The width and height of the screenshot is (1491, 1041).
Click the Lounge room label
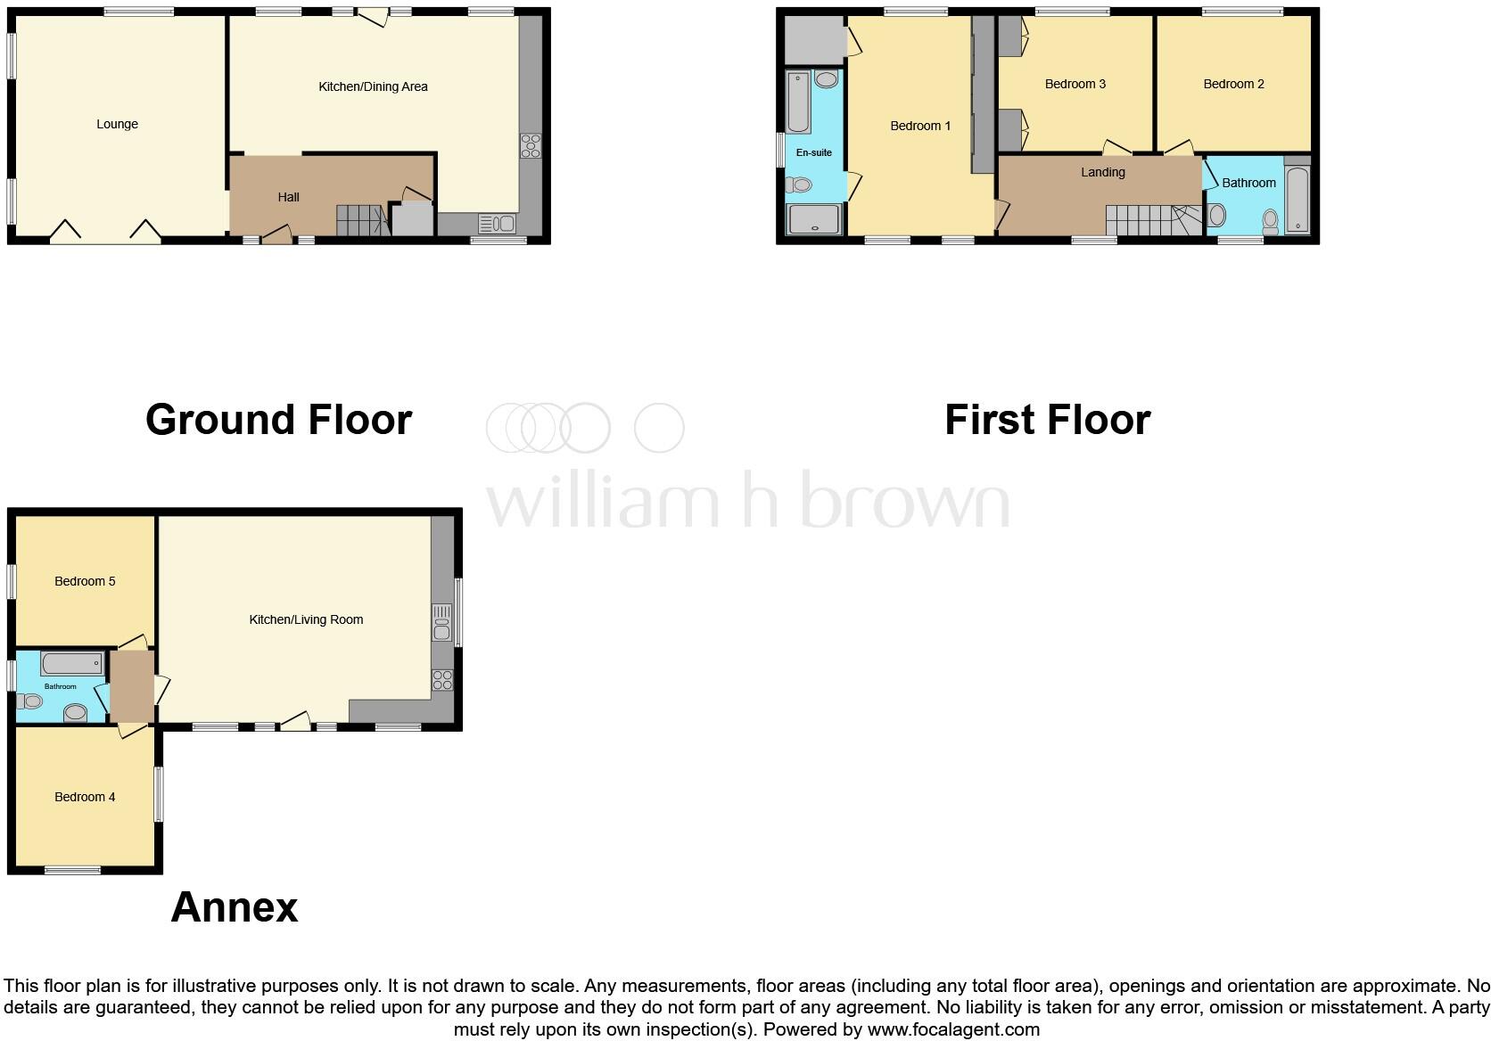[117, 124]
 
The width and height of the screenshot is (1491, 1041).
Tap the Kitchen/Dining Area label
[373, 86]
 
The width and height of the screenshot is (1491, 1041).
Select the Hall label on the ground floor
[288, 197]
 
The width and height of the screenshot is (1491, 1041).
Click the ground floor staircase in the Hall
[361, 219]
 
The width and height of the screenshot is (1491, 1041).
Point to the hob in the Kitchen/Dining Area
[531, 145]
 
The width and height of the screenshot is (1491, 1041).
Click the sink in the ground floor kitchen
[497, 223]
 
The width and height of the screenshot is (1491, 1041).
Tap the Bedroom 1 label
[920, 126]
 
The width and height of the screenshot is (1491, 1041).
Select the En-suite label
[813, 152]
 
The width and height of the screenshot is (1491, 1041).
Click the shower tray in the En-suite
[813, 219]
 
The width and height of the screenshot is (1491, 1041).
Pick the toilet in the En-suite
[799, 184]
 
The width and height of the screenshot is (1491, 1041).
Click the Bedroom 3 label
[1075, 84]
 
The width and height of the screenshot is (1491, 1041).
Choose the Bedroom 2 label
[1233, 84]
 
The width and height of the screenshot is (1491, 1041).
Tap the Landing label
[1102, 172]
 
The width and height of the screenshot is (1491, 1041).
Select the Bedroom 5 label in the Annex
[85, 581]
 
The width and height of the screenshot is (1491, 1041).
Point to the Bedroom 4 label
[85, 797]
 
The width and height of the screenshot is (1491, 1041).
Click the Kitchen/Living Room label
[306, 619]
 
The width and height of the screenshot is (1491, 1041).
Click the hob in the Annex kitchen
[442, 681]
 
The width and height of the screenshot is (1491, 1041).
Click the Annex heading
[234, 907]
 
